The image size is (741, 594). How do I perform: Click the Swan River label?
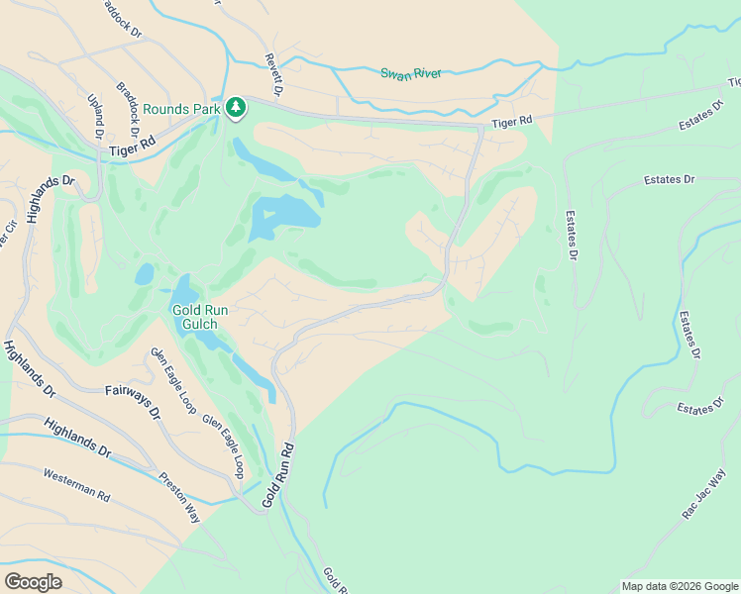[x=411, y=73]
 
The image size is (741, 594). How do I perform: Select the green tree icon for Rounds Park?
[x=236, y=106]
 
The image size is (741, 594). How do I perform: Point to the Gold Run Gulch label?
[x=200, y=317]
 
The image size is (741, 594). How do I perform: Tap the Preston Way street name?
[x=179, y=476]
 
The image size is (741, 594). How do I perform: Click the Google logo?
[x=33, y=581]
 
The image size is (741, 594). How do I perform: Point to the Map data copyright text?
[x=680, y=586]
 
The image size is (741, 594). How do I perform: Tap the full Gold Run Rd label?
[x=279, y=476]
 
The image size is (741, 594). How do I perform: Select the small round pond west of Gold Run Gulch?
[x=145, y=273]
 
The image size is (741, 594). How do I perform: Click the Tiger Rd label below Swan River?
[x=512, y=121]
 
